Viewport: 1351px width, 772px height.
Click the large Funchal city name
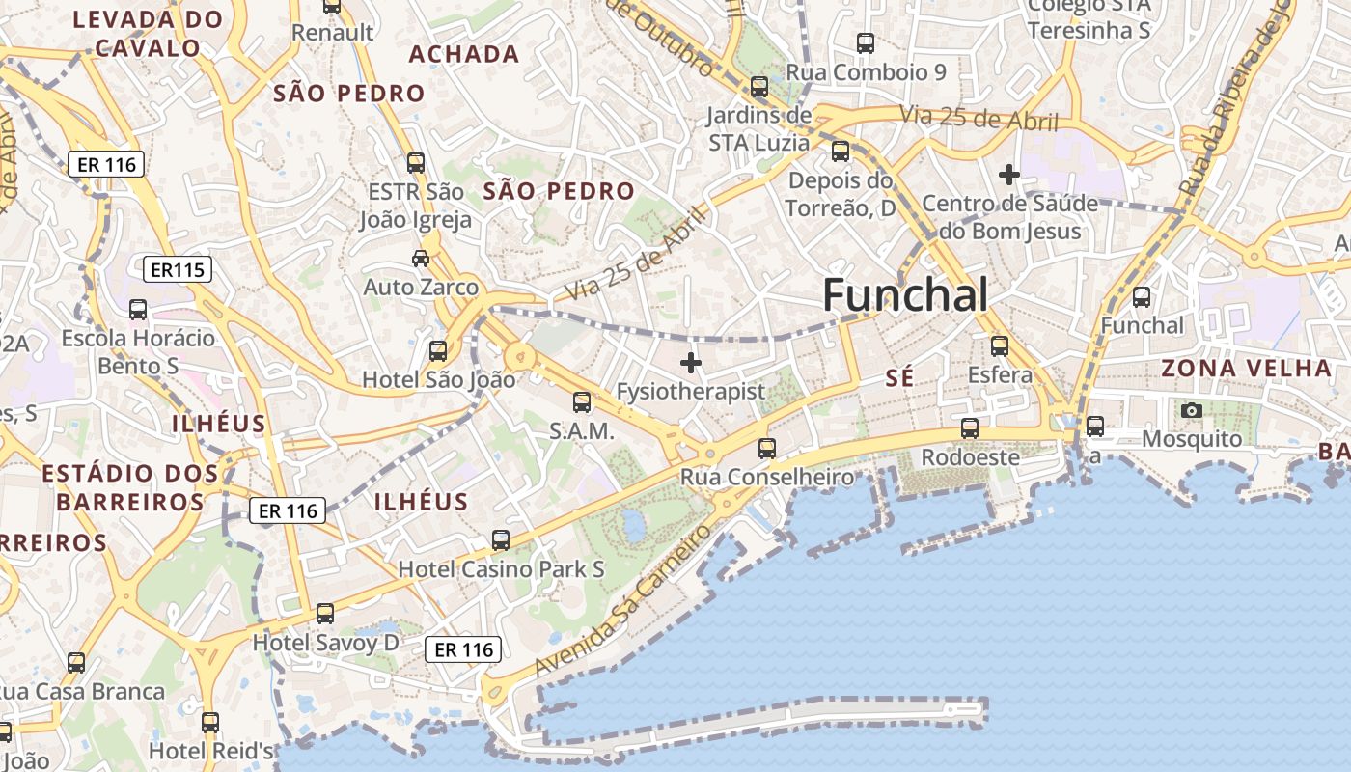click(x=905, y=295)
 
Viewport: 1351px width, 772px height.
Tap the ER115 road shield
click(x=177, y=269)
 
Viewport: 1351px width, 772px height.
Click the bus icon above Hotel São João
click(x=438, y=350)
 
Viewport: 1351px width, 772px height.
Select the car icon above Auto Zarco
click(x=421, y=258)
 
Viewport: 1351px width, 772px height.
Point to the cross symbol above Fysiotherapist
click(x=691, y=363)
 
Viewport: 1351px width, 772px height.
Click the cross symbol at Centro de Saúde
click(x=1009, y=175)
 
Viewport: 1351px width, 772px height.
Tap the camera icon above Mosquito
click(x=1192, y=410)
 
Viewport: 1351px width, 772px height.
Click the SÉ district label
click(x=898, y=379)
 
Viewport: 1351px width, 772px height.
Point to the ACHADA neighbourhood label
click(x=464, y=54)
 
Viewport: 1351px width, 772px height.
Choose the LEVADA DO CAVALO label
click(x=149, y=33)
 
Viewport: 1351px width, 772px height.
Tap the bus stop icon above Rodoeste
click(x=970, y=427)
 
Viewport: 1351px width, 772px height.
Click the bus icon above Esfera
click(x=1000, y=345)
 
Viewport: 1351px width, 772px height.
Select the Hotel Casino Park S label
click(x=501, y=569)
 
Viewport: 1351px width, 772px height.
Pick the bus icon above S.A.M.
click(x=582, y=402)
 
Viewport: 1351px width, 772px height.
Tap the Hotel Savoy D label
click(x=325, y=642)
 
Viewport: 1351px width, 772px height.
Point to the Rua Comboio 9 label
click(x=866, y=72)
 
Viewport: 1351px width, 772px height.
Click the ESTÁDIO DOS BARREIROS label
click(x=130, y=487)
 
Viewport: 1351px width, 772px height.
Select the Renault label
click(x=332, y=32)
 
